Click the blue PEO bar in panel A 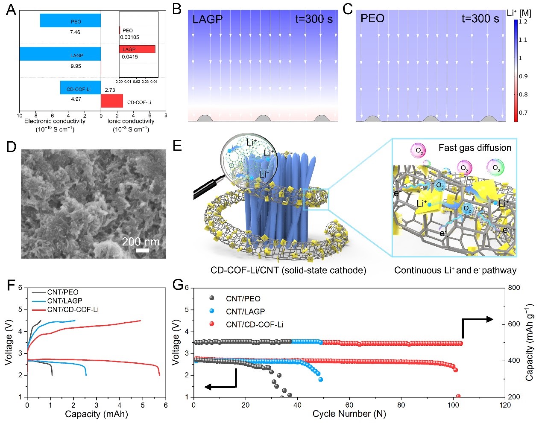click(x=70, y=20)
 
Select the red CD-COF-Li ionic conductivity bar click(x=112, y=101)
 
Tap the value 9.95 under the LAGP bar click(x=75, y=66)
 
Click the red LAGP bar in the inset click(x=137, y=49)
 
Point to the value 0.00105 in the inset click(x=129, y=37)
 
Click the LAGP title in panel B click(x=208, y=19)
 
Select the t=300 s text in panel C click(x=480, y=19)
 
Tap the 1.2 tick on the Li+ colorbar click(x=523, y=22)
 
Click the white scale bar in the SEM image click(x=142, y=251)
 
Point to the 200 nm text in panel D click(x=141, y=242)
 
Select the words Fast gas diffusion click(x=475, y=148)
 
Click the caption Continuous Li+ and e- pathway click(x=455, y=270)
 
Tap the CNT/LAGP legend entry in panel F click(x=64, y=301)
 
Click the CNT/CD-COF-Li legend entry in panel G click(x=254, y=324)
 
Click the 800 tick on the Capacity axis click(x=514, y=288)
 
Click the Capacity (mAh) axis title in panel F click(x=96, y=414)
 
